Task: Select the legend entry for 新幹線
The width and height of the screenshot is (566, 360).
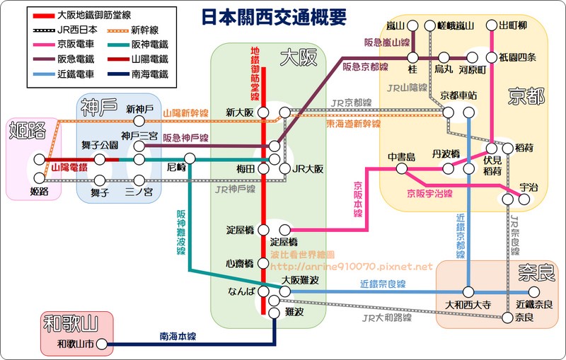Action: (163, 30)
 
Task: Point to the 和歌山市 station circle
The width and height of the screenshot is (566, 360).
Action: (102, 344)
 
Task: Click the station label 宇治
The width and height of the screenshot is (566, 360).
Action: (528, 187)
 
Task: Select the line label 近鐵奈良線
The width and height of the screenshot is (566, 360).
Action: (381, 284)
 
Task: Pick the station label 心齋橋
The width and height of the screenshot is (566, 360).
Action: (240, 262)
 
